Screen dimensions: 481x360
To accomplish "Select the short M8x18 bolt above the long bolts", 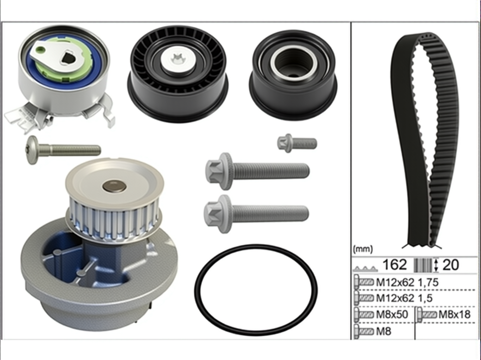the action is point(297,143).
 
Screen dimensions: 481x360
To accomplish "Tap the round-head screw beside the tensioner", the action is point(63,150).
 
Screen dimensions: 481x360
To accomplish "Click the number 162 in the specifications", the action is point(395,264).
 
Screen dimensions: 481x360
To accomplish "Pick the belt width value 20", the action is point(450,265).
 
